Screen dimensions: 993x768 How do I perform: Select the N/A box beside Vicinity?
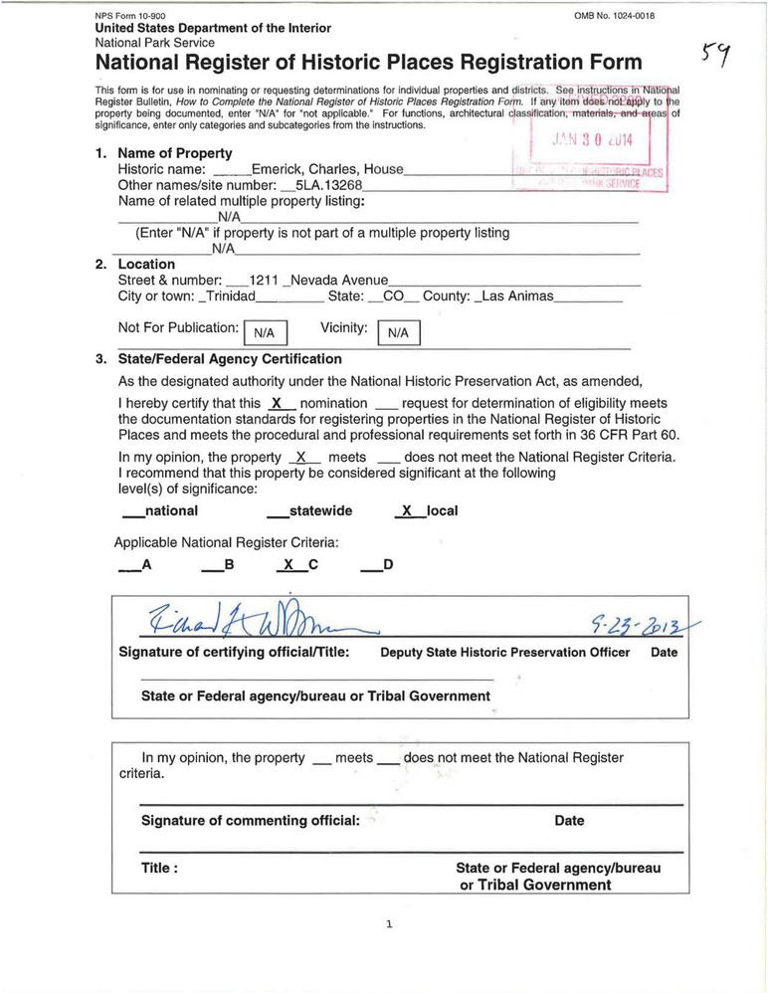click(x=398, y=333)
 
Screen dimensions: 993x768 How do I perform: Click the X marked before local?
click(x=404, y=510)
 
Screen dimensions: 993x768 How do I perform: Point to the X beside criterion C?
click(x=288, y=565)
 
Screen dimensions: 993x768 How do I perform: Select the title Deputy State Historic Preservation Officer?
click(x=505, y=653)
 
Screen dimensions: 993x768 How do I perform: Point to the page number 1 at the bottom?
click(x=389, y=923)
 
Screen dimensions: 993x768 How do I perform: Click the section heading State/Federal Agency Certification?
click(x=230, y=359)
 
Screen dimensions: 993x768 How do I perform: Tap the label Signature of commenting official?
click(x=251, y=821)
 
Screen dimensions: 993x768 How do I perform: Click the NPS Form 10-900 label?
click(x=129, y=17)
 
